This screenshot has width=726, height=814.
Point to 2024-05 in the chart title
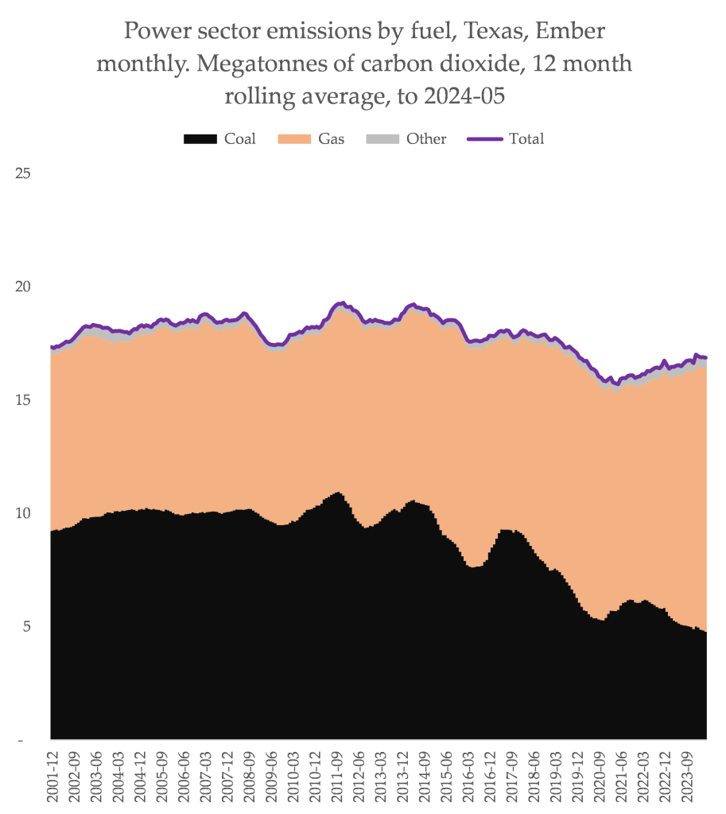point(465,96)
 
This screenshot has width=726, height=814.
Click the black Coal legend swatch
point(200,139)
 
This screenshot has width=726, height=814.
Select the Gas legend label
point(332,138)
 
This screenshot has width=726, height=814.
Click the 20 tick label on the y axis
point(23,286)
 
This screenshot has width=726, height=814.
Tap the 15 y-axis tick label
point(23,399)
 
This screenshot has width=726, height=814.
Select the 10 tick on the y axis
point(23,513)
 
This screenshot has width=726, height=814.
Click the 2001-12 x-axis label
point(53,776)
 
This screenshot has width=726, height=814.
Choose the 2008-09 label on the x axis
point(248,776)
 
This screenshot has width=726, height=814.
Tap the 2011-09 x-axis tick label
point(335,776)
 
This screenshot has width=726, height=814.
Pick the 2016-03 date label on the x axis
point(465,776)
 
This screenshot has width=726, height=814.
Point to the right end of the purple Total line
point(706,358)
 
